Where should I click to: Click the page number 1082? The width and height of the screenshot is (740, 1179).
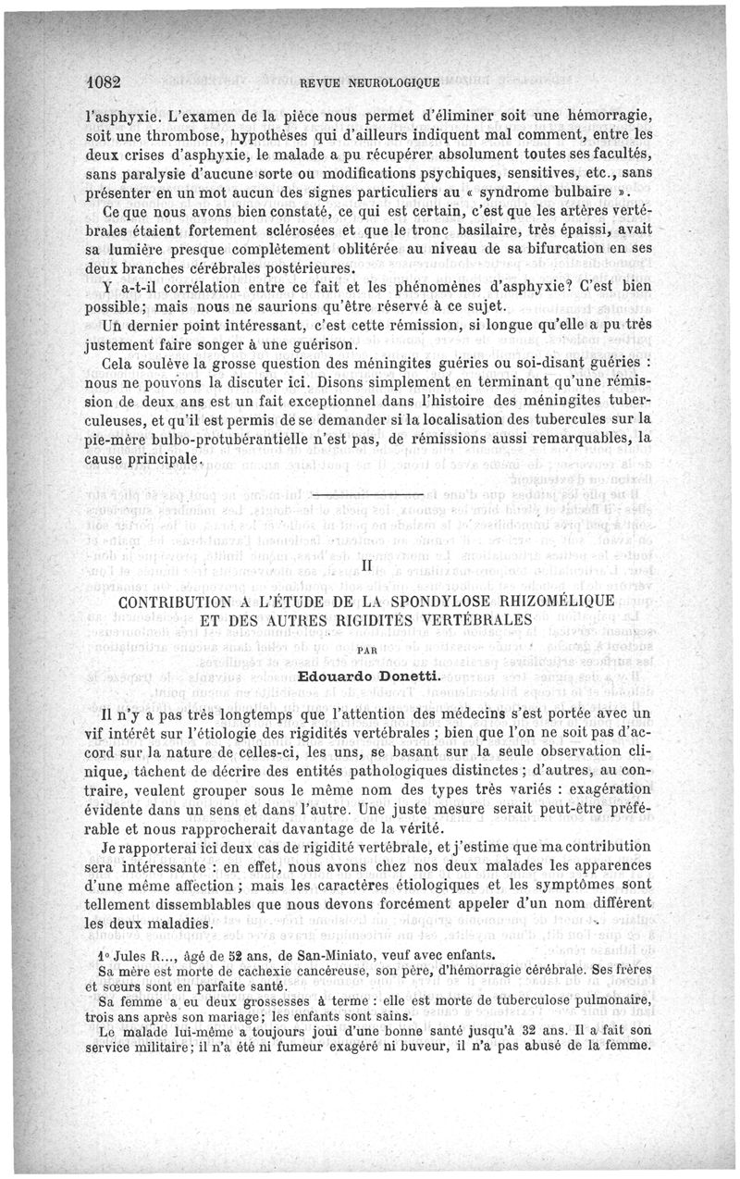click(102, 81)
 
